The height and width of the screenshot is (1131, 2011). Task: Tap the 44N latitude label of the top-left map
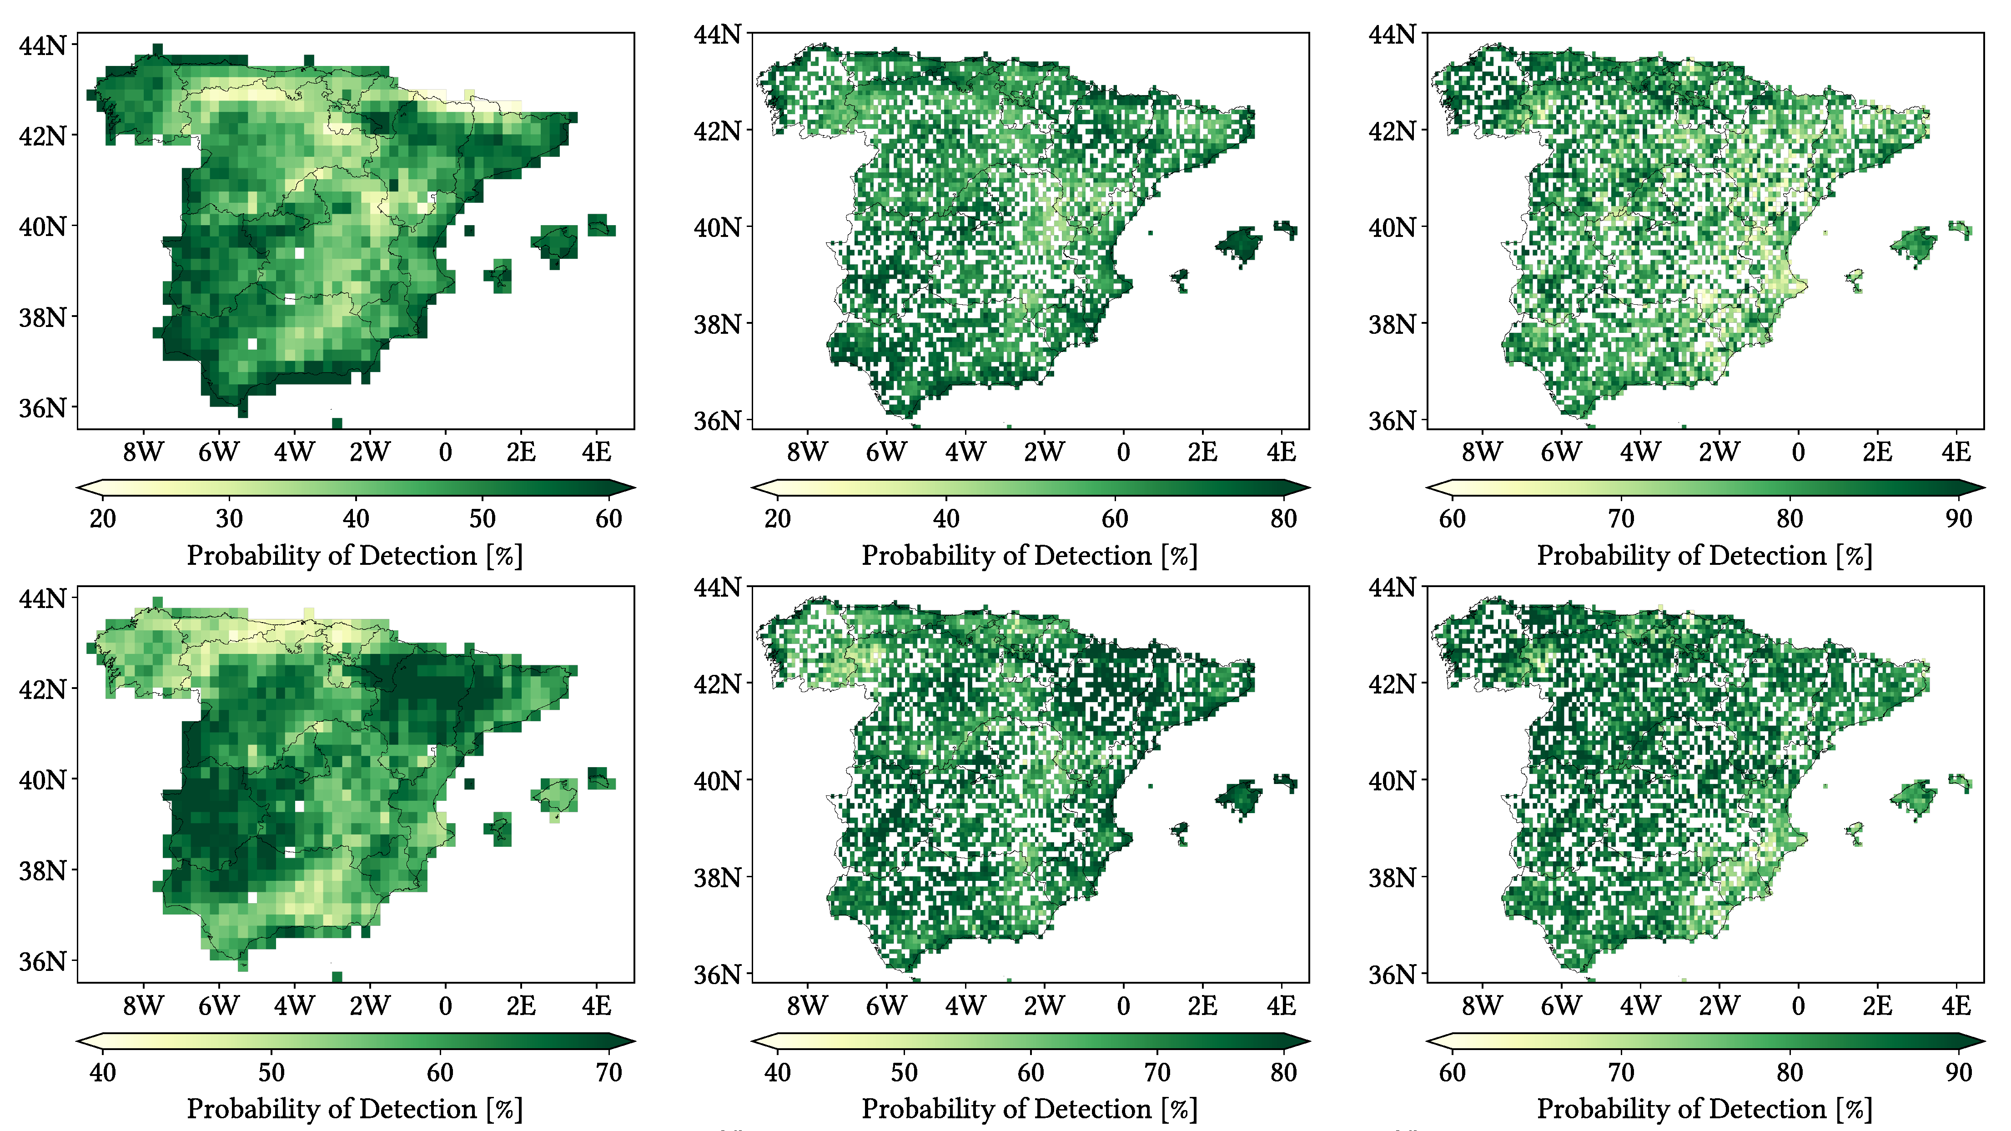coord(42,45)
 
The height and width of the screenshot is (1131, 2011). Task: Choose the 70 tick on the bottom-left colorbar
coord(608,1072)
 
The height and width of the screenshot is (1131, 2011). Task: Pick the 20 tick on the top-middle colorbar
coord(778,518)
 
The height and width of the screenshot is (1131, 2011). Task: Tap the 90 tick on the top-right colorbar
coord(1958,518)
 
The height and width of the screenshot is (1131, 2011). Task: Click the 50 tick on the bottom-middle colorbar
coord(904,1072)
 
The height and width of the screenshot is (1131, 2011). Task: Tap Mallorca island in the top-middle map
coord(1240,244)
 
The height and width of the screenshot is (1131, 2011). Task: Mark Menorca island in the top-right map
coord(1960,229)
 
